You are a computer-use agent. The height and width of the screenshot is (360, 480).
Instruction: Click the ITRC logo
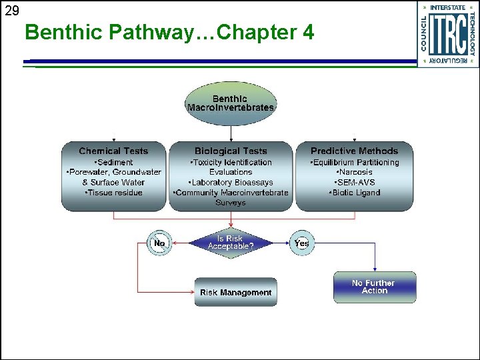pyautogui.click(x=448, y=33)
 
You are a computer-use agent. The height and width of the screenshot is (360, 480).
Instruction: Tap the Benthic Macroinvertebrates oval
pyautogui.click(x=230, y=103)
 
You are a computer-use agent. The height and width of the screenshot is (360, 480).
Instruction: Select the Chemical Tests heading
pyautogui.click(x=113, y=151)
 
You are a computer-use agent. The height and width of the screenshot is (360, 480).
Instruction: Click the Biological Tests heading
pyautogui.click(x=231, y=151)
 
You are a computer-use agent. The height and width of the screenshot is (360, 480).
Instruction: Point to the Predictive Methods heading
pyautogui.click(x=354, y=151)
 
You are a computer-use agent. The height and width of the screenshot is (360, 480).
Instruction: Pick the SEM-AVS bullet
pyautogui.click(x=354, y=183)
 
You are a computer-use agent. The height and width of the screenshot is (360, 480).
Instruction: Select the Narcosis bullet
pyautogui.click(x=354, y=173)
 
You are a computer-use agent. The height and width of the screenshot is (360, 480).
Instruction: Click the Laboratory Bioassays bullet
pyautogui.click(x=231, y=183)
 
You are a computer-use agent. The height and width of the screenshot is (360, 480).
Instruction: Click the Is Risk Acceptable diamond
pyautogui.click(x=231, y=243)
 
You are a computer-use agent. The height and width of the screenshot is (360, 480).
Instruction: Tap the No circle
pyautogui.click(x=159, y=243)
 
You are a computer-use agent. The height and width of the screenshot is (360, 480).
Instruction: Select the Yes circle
pyautogui.click(x=301, y=243)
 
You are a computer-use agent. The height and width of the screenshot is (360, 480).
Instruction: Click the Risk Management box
pyautogui.click(x=235, y=293)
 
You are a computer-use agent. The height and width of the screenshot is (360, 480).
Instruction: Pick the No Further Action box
pyautogui.click(x=374, y=287)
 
